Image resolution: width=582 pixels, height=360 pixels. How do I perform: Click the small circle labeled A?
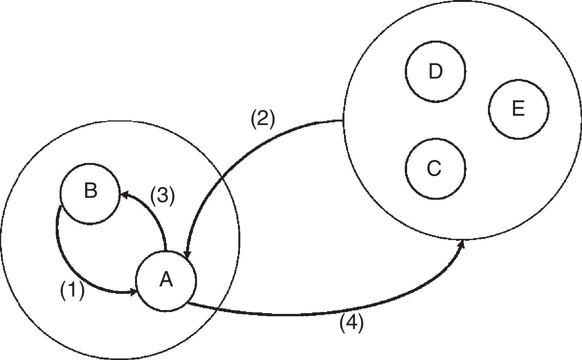pos(166,281)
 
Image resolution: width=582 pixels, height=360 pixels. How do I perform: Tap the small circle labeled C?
pos(435,169)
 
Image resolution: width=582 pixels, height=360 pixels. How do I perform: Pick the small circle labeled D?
pos(435,72)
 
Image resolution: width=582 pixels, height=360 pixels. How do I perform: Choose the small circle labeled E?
pos(519,109)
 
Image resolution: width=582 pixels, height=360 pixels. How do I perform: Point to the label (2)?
pos(263,119)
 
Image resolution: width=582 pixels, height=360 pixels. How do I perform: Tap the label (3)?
pos(163,195)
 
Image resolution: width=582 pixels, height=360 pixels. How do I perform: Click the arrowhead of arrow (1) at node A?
pos(134,292)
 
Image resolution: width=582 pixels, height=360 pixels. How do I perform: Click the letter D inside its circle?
pos(435,72)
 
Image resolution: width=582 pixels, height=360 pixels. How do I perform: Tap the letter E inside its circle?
pos(518,109)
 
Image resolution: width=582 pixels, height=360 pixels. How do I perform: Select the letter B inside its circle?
pos(90,191)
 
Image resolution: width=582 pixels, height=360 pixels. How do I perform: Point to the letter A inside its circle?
pos(166,279)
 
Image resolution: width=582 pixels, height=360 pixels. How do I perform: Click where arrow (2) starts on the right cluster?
pos(344,120)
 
